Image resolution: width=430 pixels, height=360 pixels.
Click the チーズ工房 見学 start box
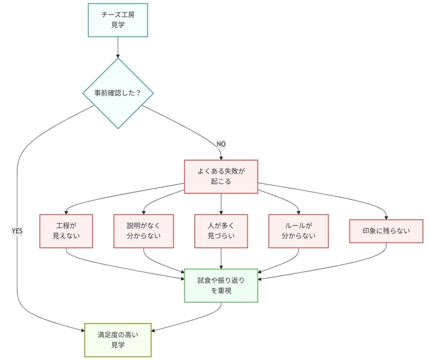click(x=118, y=20)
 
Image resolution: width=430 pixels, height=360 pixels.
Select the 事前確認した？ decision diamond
click(x=118, y=93)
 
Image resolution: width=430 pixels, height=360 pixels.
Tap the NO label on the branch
click(x=221, y=144)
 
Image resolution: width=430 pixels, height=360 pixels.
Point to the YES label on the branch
click(x=17, y=230)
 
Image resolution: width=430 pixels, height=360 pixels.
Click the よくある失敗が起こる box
click(x=221, y=176)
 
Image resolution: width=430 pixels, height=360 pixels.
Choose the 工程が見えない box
click(x=66, y=230)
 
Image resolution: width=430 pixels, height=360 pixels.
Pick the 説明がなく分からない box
click(x=144, y=230)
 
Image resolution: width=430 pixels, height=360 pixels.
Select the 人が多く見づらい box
click(x=221, y=230)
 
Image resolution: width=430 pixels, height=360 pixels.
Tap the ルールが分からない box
click(x=298, y=230)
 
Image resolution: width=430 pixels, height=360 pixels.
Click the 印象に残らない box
click(x=386, y=231)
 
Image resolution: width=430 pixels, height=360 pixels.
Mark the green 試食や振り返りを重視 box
click(x=221, y=285)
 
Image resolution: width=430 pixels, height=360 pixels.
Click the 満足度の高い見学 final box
click(x=118, y=340)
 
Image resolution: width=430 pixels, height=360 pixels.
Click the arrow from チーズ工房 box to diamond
click(x=118, y=47)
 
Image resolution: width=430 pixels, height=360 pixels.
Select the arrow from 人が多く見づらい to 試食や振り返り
click(x=221, y=258)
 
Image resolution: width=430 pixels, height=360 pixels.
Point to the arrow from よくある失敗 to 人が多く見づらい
click(x=221, y=204)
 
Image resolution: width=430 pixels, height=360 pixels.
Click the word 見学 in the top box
click(x=118, y=26)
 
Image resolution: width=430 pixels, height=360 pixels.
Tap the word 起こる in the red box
click(x=221, y=182)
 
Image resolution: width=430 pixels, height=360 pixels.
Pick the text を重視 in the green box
click(x=221, y=291)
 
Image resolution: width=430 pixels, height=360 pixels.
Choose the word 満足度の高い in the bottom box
click(x=118, y=334)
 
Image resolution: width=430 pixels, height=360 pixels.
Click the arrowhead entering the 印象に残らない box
click(x=386, y=217)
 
